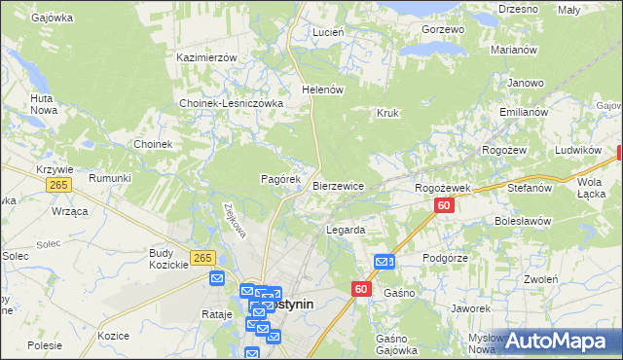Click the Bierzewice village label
click(x=339, y=186)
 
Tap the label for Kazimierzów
click(x=206, y=57)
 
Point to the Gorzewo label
click(x=444, y=29)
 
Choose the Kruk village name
click(x=387, y=113)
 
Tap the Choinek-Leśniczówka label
click(x=231, y=103)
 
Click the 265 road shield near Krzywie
click(x=58, y=185)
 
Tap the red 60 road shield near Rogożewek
click(x=444, y=205)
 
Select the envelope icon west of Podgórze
click(x=384, y=261)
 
